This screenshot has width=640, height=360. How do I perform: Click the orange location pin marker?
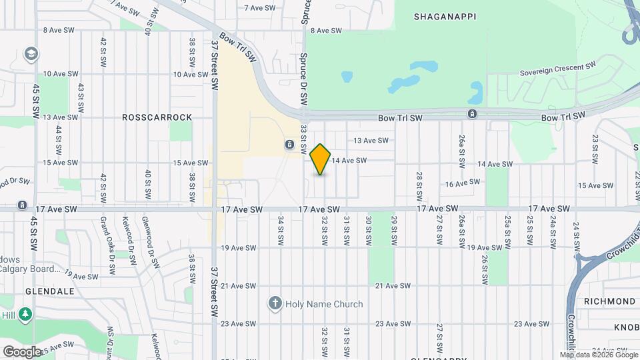[321, 159]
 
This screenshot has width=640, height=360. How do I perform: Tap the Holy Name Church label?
[324, 304]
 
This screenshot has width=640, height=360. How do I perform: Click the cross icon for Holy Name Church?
[274, 304]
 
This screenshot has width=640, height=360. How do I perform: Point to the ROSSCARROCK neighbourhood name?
[157, 117]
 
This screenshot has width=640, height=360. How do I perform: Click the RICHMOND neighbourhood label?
[609, 301]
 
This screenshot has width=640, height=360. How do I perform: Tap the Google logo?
[21, 351]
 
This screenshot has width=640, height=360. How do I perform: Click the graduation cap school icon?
[31, 53]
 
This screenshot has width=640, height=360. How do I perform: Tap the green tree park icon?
[25, 313]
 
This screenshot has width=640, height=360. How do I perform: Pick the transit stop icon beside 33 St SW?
[290, 144]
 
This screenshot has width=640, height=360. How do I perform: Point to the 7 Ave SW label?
[260, 8]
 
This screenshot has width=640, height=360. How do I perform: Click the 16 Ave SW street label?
[463, 183]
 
